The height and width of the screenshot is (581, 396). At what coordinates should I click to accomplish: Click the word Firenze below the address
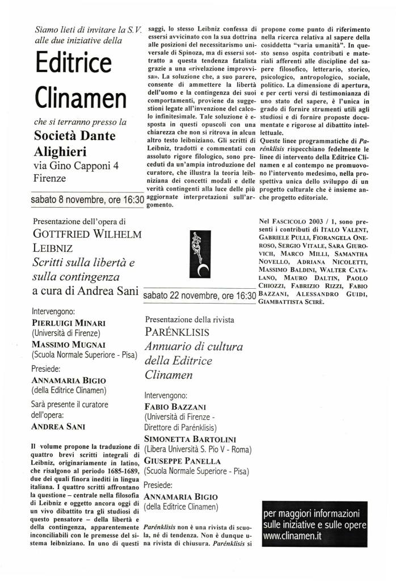click(50, 178)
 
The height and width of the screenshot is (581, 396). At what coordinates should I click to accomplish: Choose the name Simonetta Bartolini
click(189, 440)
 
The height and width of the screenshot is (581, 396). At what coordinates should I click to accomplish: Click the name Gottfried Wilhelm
click(87, 234)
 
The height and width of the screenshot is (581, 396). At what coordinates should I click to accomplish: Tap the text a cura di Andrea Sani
click(86, 291)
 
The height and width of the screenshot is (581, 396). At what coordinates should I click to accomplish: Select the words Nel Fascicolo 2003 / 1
click(296, 219)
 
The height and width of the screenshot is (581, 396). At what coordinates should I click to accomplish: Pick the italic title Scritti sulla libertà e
click(91, 263)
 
